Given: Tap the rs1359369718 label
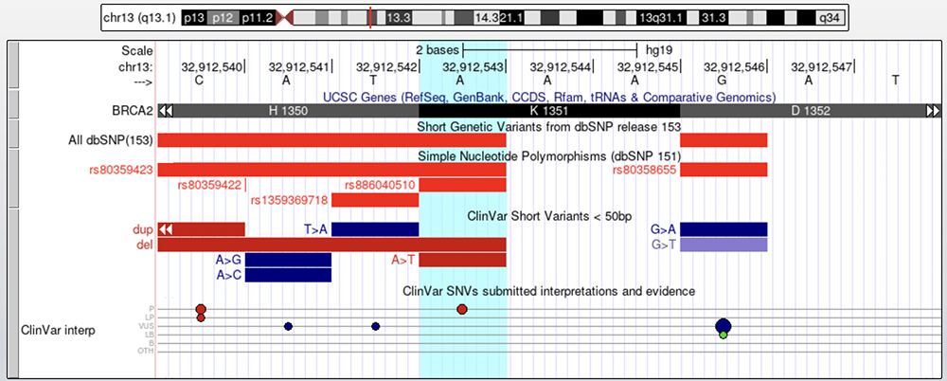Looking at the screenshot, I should tap(289, 200).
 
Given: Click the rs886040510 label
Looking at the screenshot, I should tap(380, 185).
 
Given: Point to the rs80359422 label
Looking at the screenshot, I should tap(209, 185).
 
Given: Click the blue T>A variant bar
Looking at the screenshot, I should tap(375, 229).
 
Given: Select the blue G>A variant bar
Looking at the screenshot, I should tap(724, 229).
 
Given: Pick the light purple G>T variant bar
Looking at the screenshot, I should tap(724, 245).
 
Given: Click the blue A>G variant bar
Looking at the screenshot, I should tap(288, 260).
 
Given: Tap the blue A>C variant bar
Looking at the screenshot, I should tap(288, 275).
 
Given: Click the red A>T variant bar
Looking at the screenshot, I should tap(462, 260).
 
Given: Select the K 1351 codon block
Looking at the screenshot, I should tap(549, 111).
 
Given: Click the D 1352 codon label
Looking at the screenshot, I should tap(811, 111).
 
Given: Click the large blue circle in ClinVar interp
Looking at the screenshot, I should tap(723, 326).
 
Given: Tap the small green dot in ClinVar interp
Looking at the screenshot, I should tap(723, 335).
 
